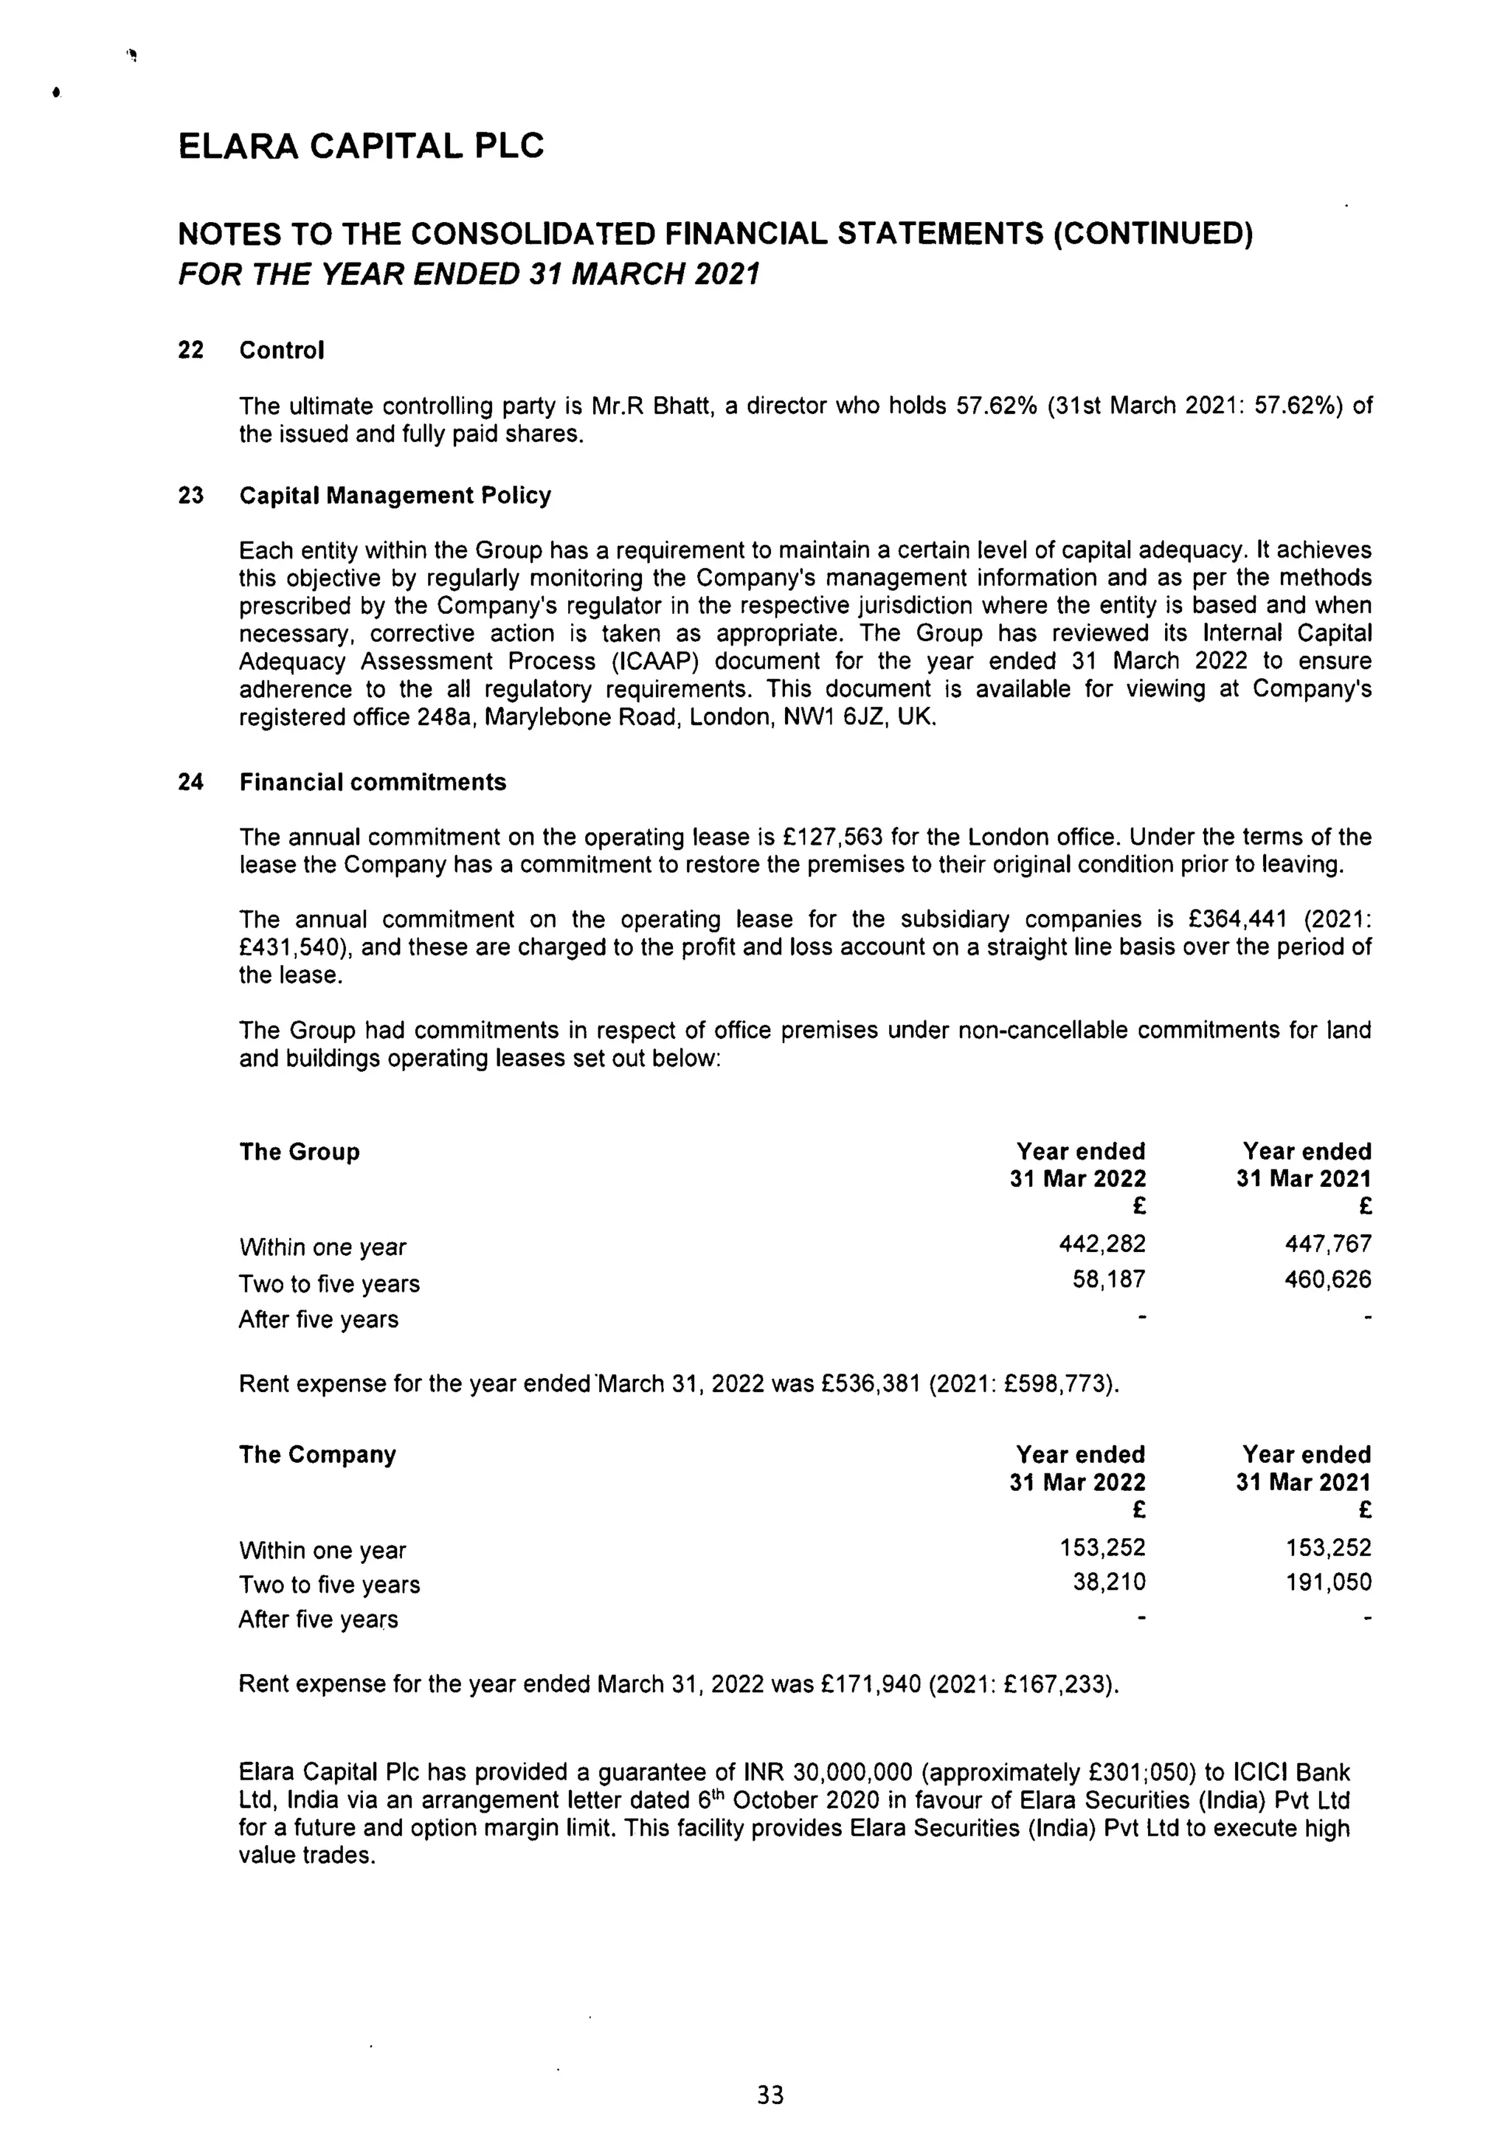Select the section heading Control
point(281,350)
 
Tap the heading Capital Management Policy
point(395,495)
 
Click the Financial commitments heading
point(373,782)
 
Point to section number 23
point(191,495)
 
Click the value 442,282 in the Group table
point(1102,1244)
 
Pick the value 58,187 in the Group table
point(1109,1279)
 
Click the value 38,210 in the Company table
point(1109,1582)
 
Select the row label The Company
point(317,1455)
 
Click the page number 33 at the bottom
point(770,2096)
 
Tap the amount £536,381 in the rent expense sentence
point(871,1384)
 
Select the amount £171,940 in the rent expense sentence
point(871,1684)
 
